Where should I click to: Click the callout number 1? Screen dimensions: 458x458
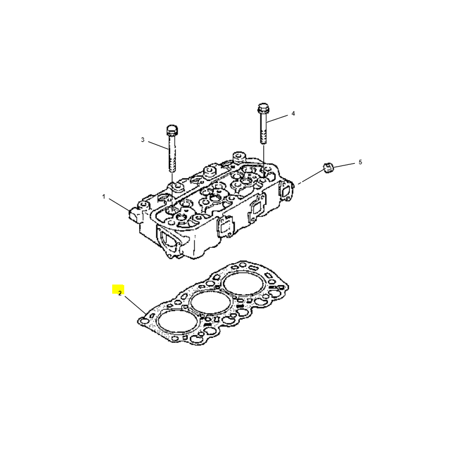[104, 197]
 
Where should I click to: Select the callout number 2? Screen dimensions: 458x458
[120, 294]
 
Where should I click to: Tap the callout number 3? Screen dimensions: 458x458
[143, 140]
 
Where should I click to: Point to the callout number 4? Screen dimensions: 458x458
[293, 113]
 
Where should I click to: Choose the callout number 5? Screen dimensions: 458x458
[360, 162]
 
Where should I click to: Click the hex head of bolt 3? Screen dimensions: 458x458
[172, 130]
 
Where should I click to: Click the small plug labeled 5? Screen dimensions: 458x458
[328, 168]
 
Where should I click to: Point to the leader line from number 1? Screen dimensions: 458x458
[120, 204]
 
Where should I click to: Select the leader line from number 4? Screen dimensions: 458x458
[277, 119]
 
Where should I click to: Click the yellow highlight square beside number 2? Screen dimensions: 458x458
[118, 289]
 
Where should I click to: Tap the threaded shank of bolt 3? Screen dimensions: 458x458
[172, 153]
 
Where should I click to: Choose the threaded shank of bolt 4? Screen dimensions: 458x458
[263, 128]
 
